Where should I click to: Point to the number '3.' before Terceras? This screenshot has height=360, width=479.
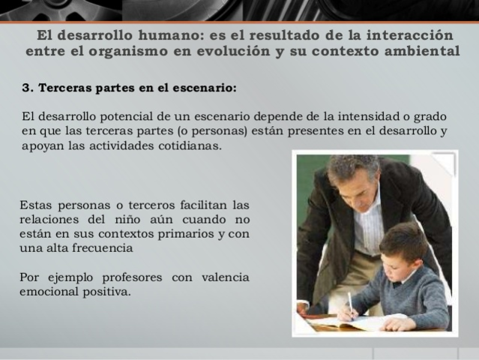pyautogui.click(x=28, y=88)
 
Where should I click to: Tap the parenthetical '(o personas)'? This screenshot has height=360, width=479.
pyautogui.click(x=214, y=131)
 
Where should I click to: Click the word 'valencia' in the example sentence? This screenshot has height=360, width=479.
pyautogui.click(x=224, y=277)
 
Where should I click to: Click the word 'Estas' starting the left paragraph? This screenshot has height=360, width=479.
pyautogui.click(x=34, y=204)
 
